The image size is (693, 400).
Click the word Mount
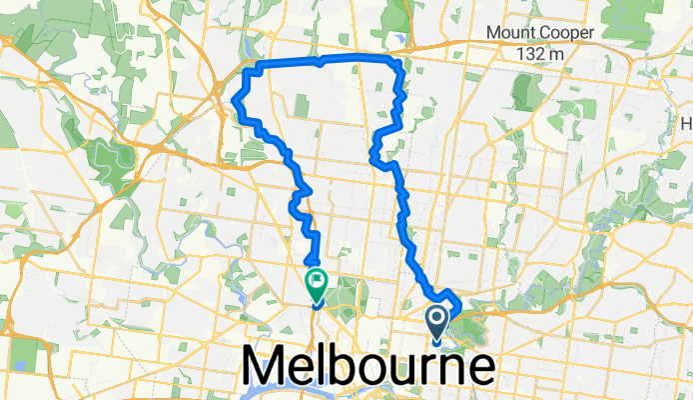pos(508,33)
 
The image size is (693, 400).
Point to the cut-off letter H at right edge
pos(687,124)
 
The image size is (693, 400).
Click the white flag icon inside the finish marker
pos(316,281)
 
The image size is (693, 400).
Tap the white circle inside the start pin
pos(437,317)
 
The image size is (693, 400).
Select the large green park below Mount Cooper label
pos(526,92)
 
